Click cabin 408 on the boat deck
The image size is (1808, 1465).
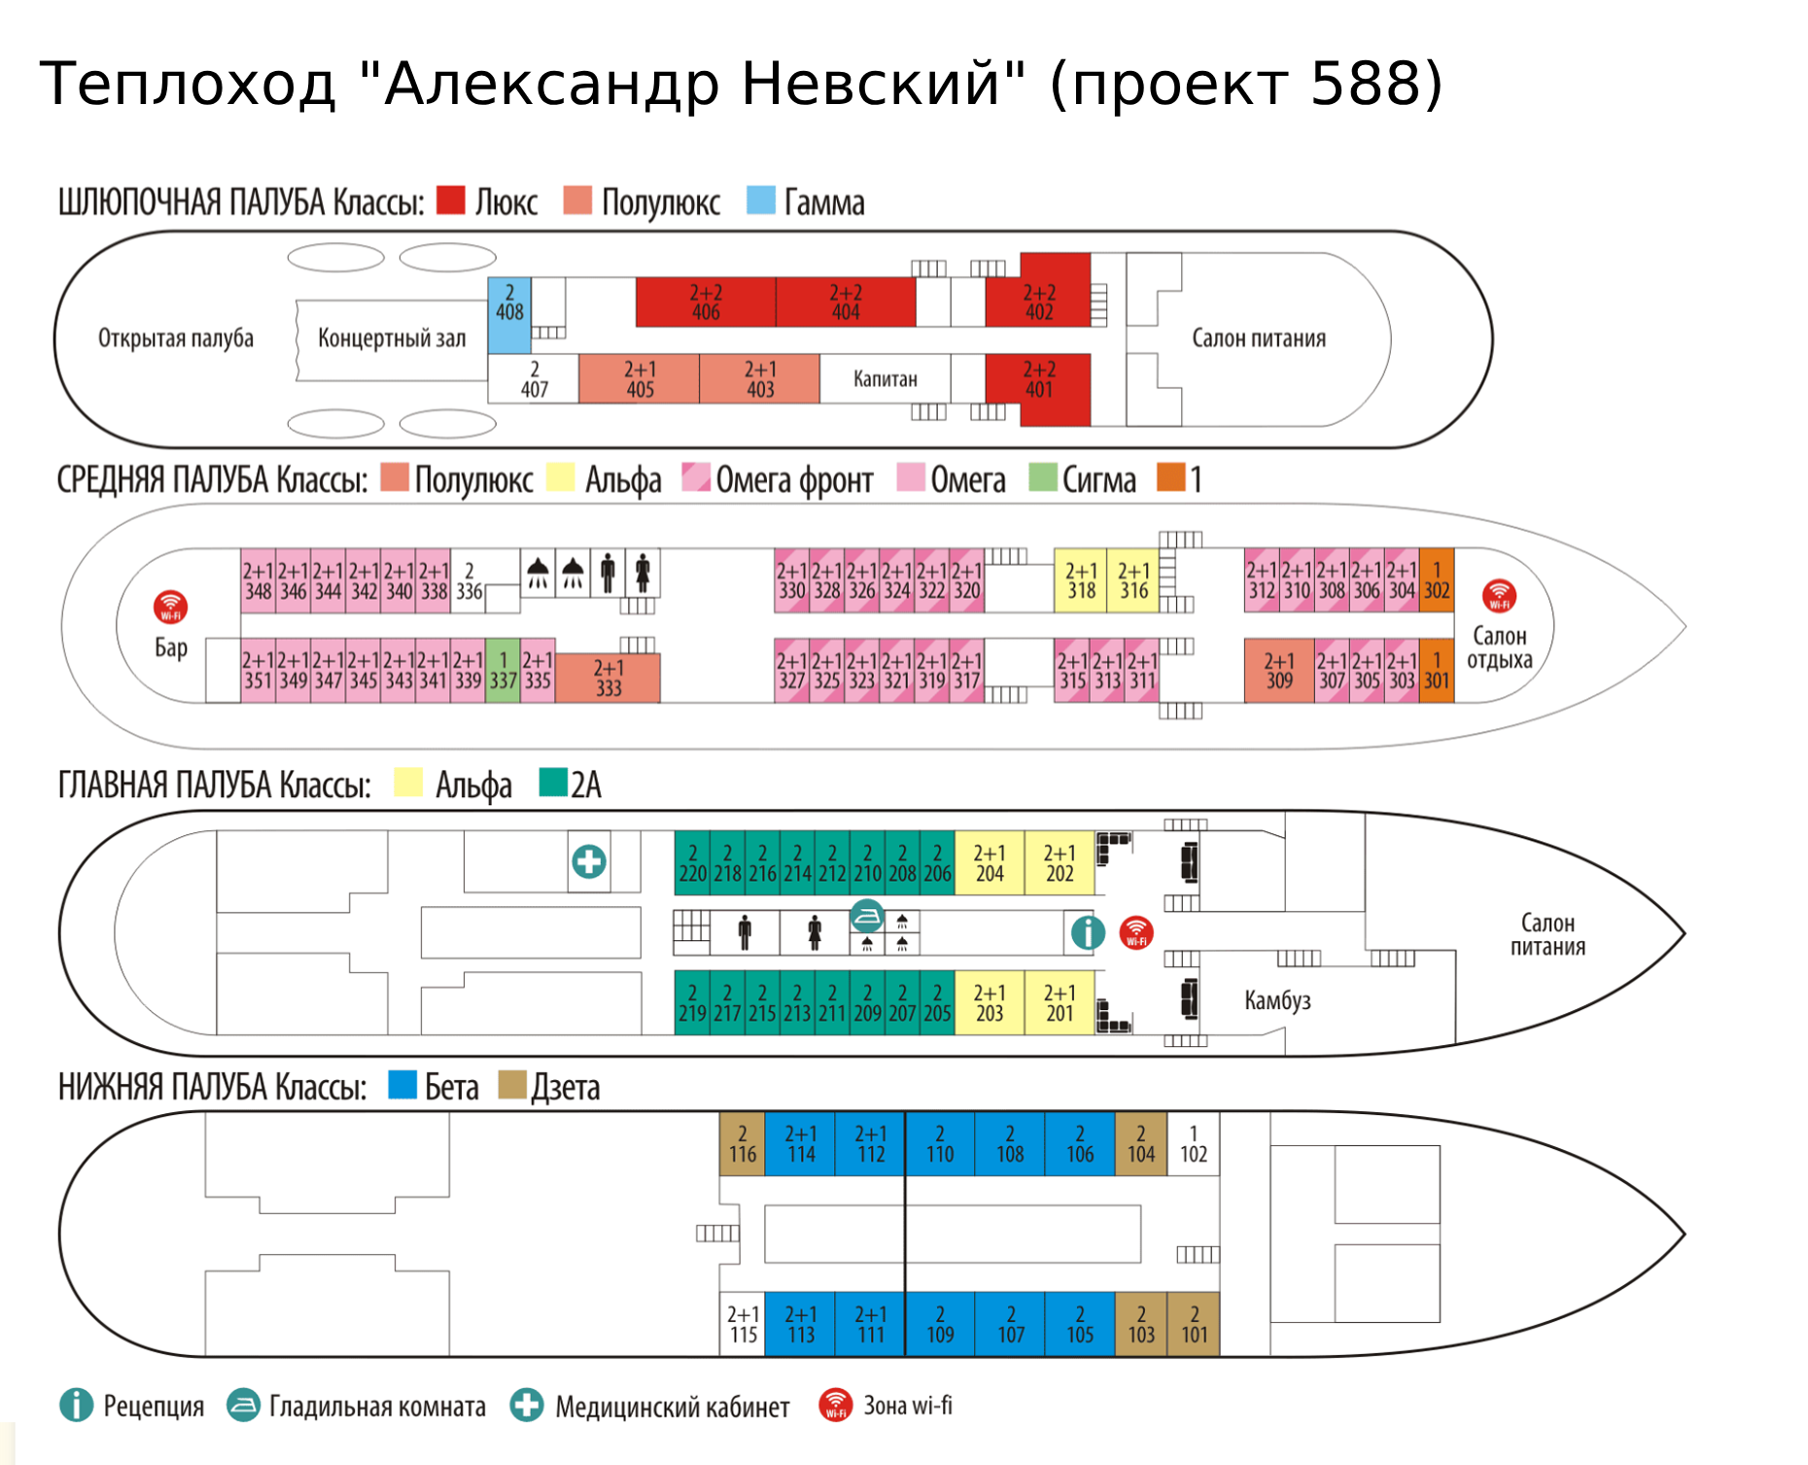click(x=509, y=303)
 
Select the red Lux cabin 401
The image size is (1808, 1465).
click(x=1038, y=380)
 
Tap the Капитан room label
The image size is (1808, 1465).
click(x=885, y=379)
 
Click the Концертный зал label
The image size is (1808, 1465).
click(x=392, y=338)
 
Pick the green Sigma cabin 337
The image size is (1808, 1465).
click(x=503, y=670)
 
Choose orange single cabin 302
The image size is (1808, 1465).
click(x=1437, y=580)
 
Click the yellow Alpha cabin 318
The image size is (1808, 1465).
click(x=1081, y=580)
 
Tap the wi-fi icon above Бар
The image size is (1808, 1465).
click(x=171, y=607)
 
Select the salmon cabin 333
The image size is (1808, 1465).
click(x=608, y=678)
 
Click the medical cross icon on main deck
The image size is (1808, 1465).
click(x=589, y=861)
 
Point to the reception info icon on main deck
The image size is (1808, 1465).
click(x=1088, y=932)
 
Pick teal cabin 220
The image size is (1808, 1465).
click(x=692, y=863)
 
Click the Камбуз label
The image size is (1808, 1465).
click(x=1277, y=1000)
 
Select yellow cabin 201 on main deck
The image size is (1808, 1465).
click(x=1060, y=1003)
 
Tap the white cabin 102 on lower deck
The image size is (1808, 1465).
click(x=1194, y=1144)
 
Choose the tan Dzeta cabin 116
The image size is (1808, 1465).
click(x=743, y=1144)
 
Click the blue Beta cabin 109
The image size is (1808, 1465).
click(x=940, y=1324)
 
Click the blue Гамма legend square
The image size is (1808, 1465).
click(x=761, y=200)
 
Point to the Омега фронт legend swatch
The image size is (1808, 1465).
click(x=696, y=477)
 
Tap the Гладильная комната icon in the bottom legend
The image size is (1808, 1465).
click(x=243, y=1405)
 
